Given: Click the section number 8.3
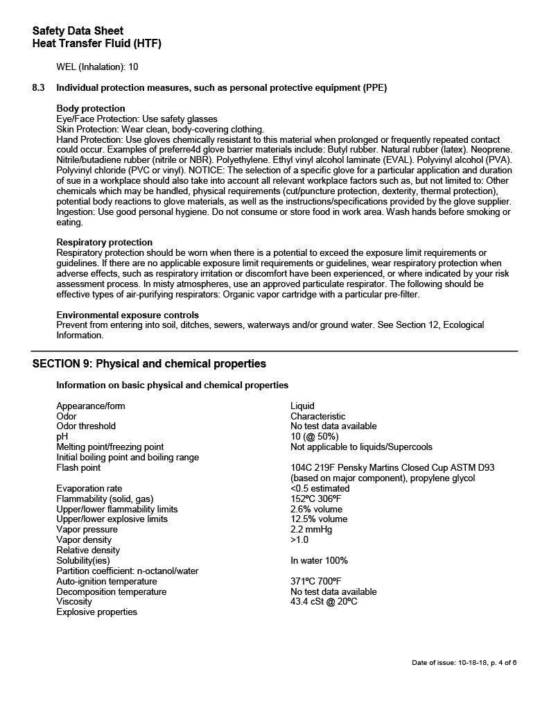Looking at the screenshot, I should [39, 87].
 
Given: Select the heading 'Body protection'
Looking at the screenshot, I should [91, 108].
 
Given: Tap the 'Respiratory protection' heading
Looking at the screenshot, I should [104, 242].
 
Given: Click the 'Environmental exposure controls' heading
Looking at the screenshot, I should [128, 315].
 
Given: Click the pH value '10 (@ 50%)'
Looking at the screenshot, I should [314, 436].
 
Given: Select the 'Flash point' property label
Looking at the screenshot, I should [78, 468].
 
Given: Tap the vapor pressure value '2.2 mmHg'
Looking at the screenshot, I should [311, 529].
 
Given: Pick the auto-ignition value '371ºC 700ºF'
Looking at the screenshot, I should [315, 581].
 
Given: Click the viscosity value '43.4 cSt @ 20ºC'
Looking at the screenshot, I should [324, 601].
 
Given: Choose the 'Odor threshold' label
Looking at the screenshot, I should [86, 426].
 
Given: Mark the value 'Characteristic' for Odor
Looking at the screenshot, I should [317, 416].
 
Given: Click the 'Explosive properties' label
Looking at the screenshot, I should [96, 612].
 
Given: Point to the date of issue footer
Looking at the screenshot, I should [464, 663].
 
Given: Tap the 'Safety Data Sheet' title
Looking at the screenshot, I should [78, 31].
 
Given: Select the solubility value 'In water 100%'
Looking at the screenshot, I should [319, 560].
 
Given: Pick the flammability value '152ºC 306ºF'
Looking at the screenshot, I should [315, 499].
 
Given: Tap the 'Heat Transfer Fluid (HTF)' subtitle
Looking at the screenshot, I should [96, 44].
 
